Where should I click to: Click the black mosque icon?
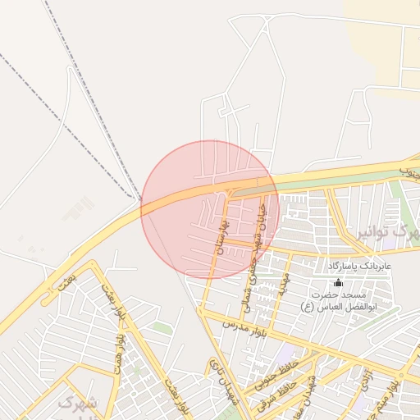pyautogui.click(x=338, y=282)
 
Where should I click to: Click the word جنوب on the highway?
pyautogui.click(x=409, y=171)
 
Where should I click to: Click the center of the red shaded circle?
pyautogui.click(x=211, y=210)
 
